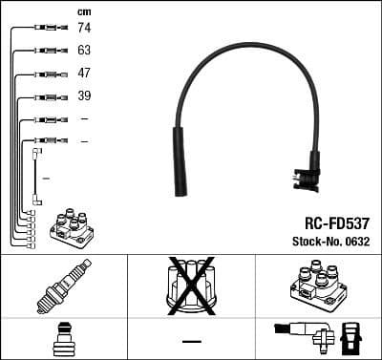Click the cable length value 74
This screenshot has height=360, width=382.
83,29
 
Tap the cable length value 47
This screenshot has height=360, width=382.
83,74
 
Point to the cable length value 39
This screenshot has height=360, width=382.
83,96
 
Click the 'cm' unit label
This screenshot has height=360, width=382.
83,11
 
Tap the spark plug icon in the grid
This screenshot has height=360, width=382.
63,287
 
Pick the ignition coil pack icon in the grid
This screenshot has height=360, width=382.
318,286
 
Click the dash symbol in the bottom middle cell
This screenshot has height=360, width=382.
191,340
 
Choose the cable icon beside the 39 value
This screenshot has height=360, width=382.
47,96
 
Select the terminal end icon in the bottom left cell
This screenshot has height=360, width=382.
63,338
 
